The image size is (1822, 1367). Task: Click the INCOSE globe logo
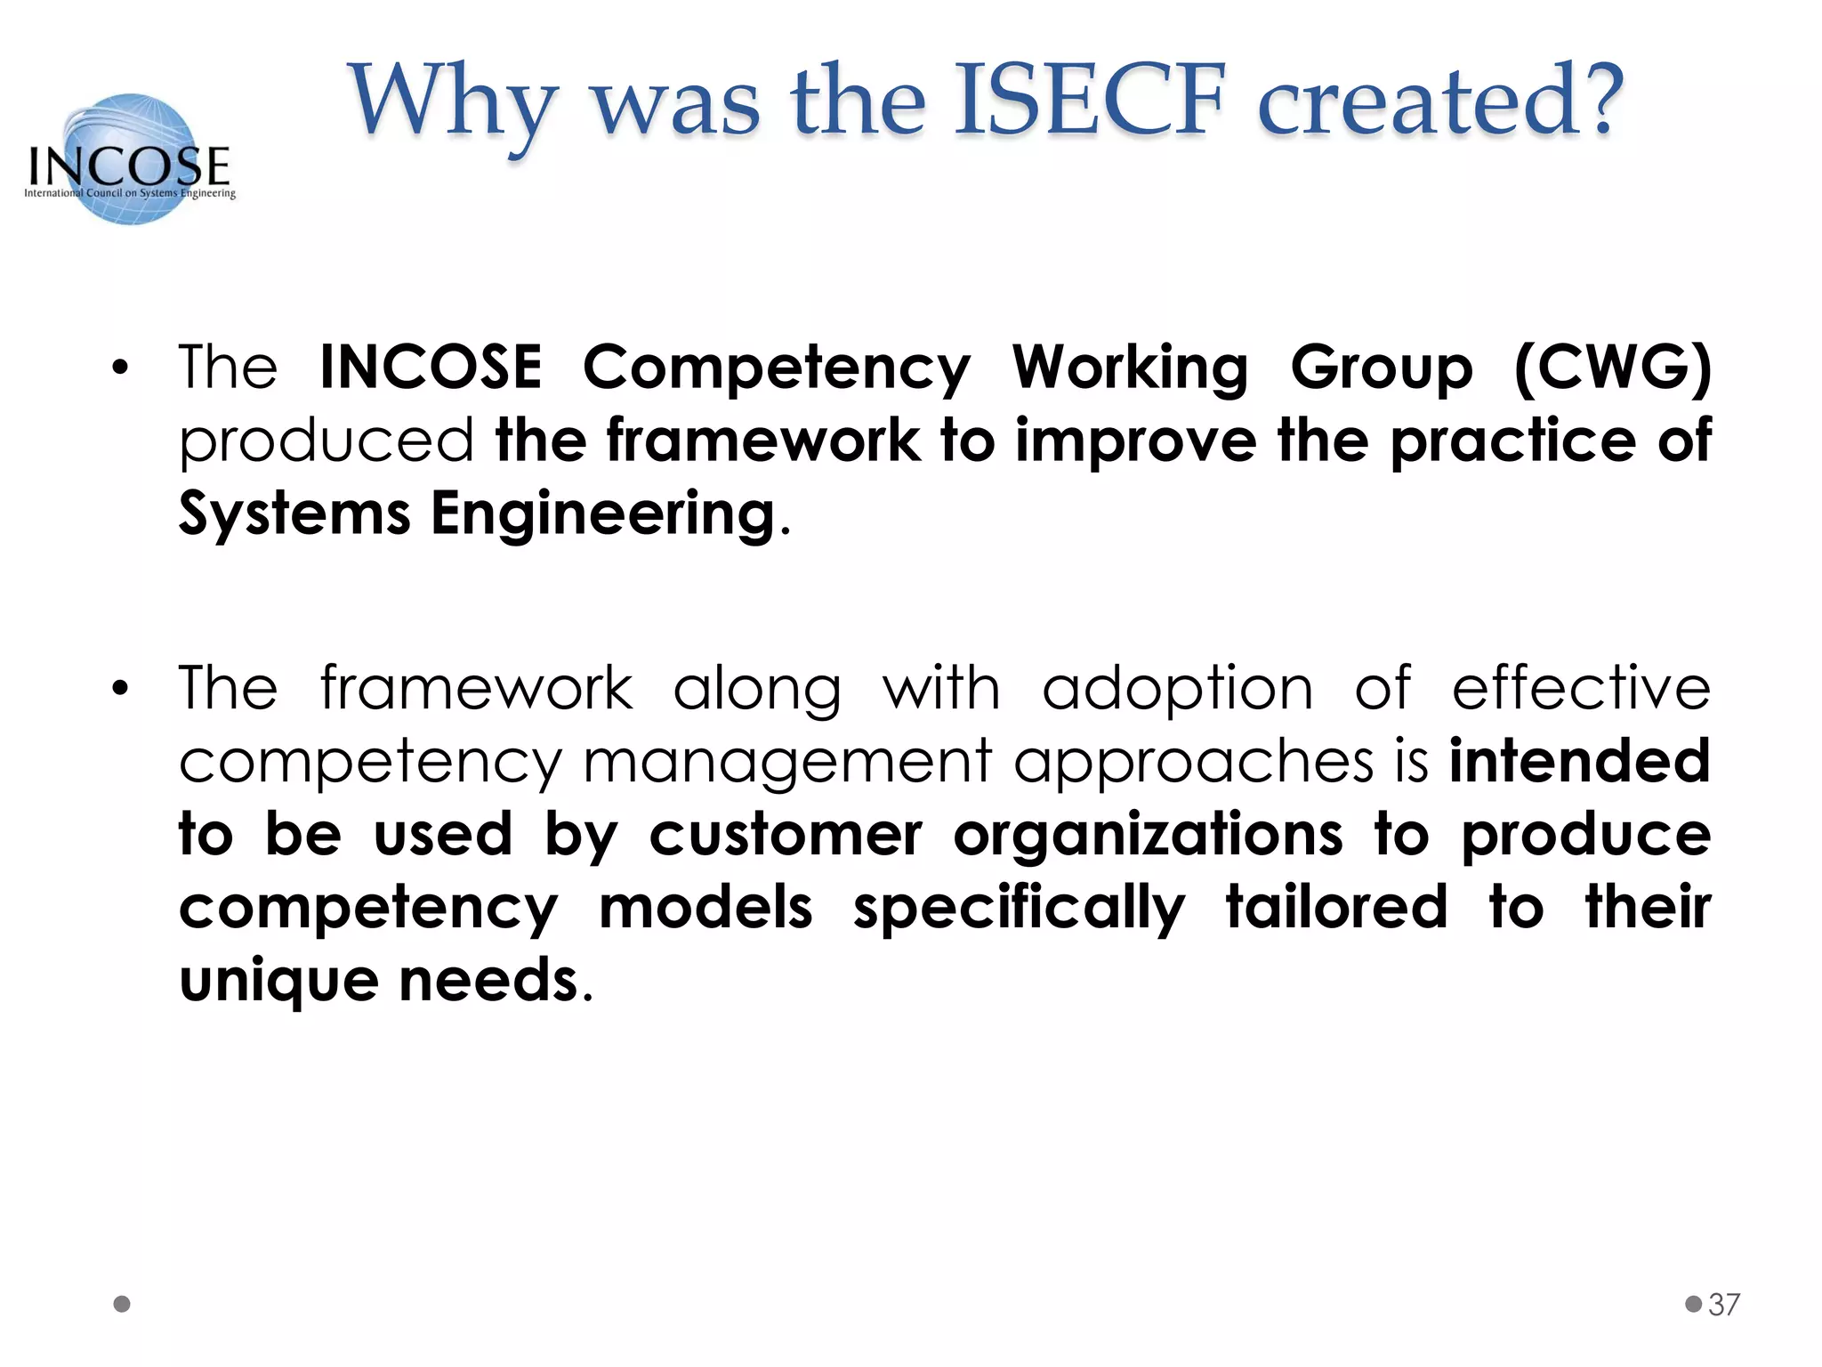point(130,158)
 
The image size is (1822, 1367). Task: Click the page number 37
point(1723,1305)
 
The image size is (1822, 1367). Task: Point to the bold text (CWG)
point(1611,367)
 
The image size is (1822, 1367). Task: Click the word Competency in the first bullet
point(776,368)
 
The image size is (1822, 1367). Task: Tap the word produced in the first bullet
point(326,441)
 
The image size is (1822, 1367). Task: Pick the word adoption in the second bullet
point(1177,690)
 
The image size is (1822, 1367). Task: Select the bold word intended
point(1580,762)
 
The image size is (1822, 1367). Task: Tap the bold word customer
point(786,836)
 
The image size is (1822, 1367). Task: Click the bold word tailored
point(1336,908)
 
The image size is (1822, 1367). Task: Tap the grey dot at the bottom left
point(123,1304)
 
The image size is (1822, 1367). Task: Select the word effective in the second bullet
point(1581,689)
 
